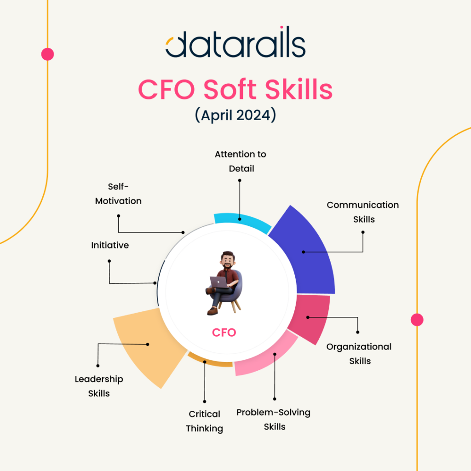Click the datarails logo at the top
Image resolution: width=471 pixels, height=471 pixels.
(235, 42)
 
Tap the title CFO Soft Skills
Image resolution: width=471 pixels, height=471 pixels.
(235, 89)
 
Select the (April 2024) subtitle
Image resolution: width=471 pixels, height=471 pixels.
(235, 115)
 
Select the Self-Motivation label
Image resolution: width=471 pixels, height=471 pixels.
(118, 194)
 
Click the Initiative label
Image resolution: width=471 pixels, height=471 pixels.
(110, 245)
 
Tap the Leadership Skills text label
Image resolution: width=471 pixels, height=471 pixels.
(99, 386)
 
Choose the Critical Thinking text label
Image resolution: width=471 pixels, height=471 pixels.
(204, 421)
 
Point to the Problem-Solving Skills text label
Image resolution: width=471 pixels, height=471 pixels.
(273, 419)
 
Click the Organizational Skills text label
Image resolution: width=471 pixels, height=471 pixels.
(359, 354)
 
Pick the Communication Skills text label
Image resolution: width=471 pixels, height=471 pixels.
(363, 212)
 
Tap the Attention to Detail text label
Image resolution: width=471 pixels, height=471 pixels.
(241, 161)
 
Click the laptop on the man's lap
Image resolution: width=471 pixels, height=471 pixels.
(218, 282)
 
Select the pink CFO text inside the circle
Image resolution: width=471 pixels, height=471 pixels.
(224, 333)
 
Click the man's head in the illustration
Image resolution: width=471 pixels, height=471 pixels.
(228, 259)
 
